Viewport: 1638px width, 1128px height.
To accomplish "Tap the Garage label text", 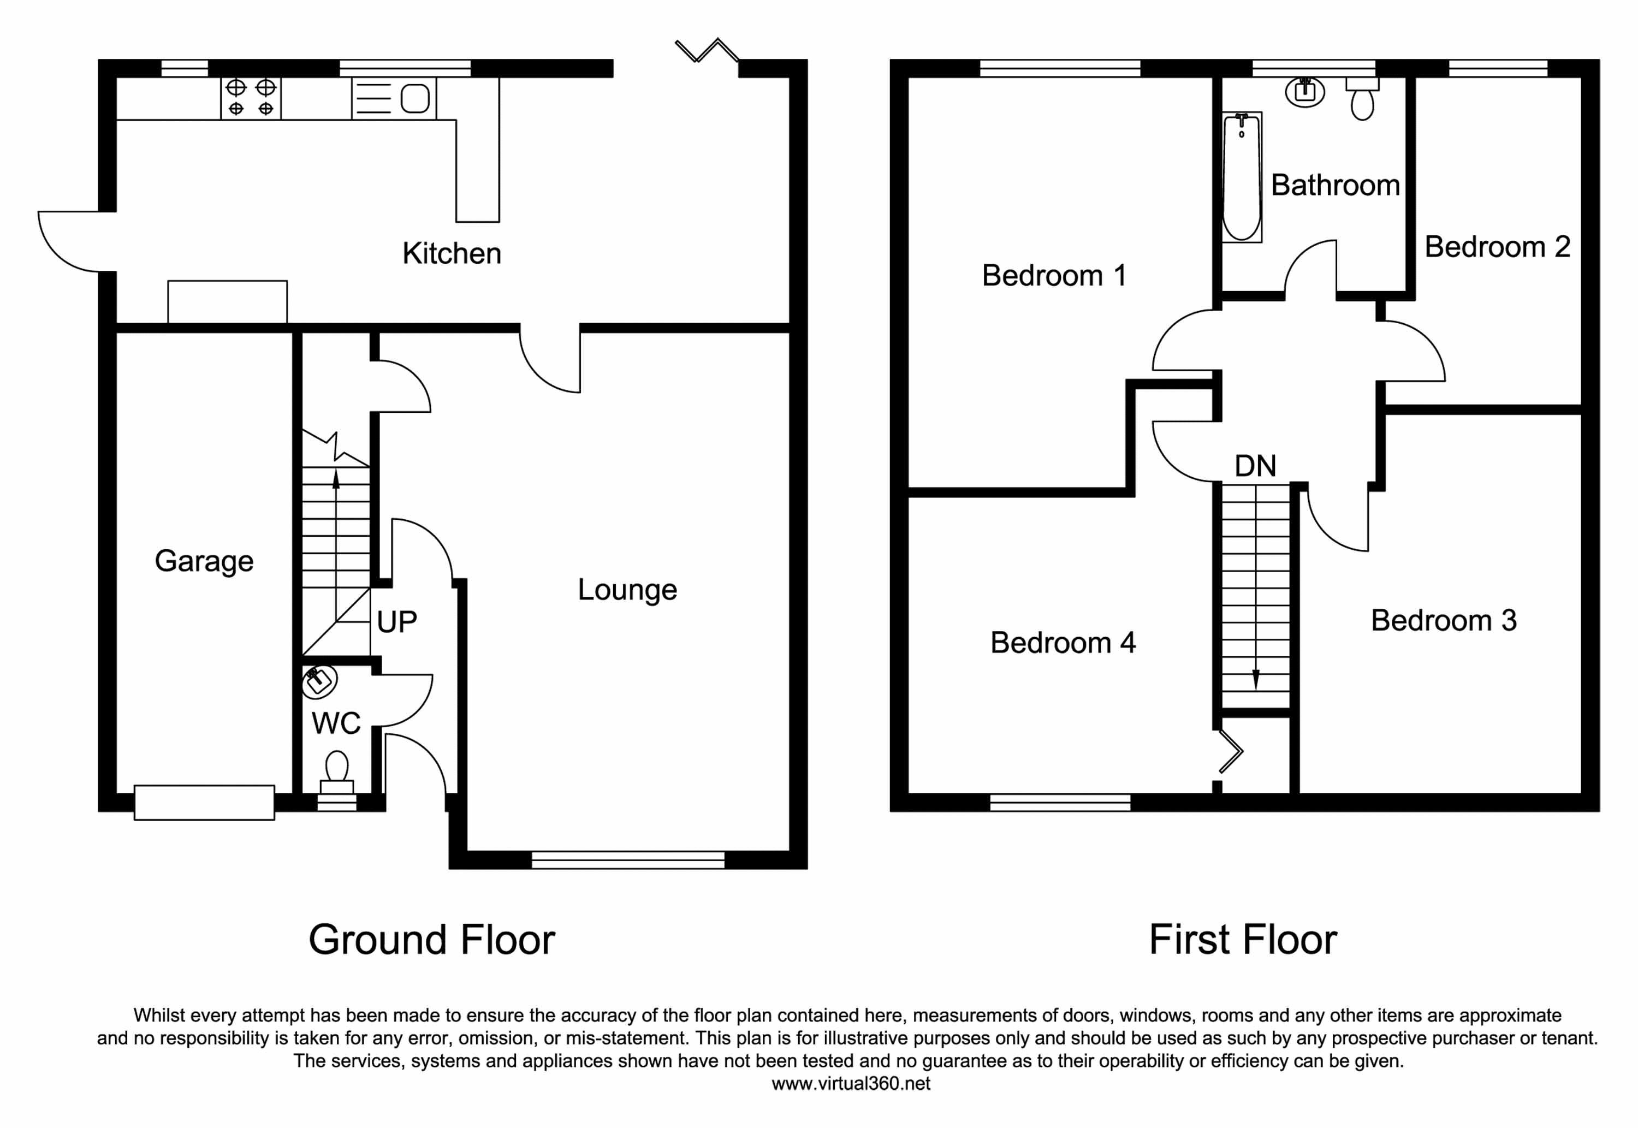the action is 204,561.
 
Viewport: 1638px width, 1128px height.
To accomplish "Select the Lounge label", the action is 627,590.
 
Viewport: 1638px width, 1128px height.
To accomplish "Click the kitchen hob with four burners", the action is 251,98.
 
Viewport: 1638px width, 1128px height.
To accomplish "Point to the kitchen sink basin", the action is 415,98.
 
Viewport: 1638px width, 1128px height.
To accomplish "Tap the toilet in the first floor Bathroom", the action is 1362,98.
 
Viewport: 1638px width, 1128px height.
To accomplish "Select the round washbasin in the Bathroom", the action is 1304,92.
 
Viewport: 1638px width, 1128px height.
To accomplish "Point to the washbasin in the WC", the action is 319,681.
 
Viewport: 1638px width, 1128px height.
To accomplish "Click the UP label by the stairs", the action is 396,622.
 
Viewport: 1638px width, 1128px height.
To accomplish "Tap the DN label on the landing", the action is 1255,466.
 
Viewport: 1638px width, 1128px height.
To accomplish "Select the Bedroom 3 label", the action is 1443,621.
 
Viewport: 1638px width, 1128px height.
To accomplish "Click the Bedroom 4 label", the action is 1062,643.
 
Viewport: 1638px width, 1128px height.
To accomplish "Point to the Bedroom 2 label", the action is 1497,247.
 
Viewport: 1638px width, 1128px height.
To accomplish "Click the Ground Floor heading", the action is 432,940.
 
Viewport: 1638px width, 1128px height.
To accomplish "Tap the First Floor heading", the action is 1242,940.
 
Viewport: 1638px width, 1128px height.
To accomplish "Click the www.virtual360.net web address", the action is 851,1083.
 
